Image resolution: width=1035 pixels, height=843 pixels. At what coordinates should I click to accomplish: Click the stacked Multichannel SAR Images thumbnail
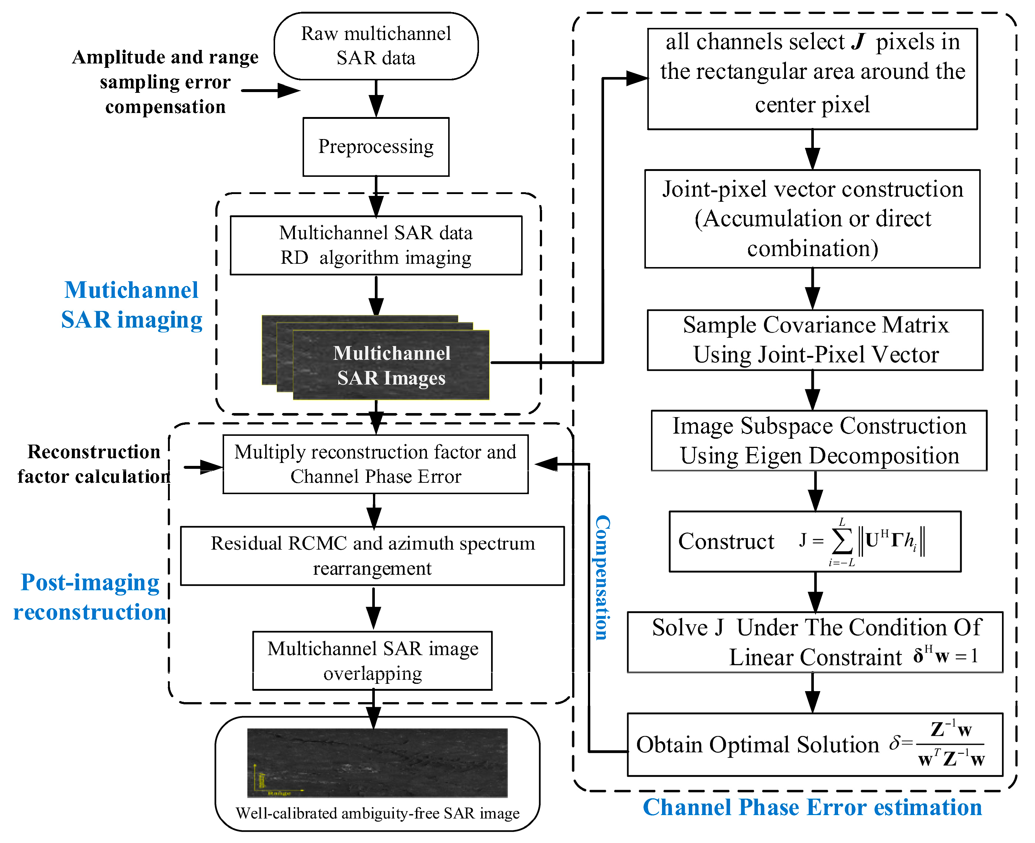(x=376, y=357)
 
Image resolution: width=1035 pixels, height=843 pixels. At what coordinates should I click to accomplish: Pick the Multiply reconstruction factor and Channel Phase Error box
(x=375, y=464)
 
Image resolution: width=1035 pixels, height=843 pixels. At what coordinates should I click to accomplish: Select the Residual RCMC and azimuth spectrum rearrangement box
(x=372, y=556)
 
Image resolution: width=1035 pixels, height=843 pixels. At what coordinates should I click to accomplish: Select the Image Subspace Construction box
(x=819, y=441)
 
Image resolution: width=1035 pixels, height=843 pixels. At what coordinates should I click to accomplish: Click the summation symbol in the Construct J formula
(x=842, y=543)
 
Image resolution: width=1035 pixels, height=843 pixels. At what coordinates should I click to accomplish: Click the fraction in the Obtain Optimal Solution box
(x=951, y=744)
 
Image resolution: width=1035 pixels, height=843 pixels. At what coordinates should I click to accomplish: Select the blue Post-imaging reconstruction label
(x=90, y=597)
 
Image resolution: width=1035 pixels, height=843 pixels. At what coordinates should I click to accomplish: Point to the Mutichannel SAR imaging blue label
(x=132, y=305)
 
